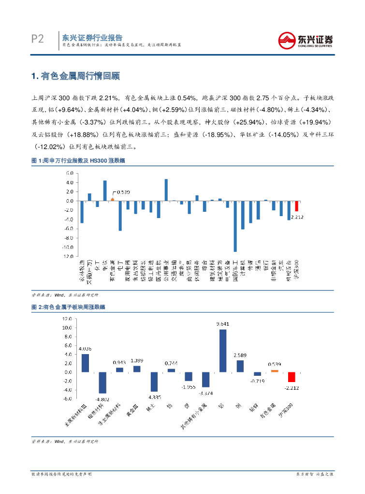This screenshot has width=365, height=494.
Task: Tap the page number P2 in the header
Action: (x=37, y=39)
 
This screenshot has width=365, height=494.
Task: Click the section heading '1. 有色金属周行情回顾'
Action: (x=75, y=76)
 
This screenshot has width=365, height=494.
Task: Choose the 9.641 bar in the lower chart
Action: (x=223, y=351)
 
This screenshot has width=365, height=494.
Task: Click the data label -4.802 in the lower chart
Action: (x=102, y=399)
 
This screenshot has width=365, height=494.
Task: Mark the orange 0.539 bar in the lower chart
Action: (x=275, y=371)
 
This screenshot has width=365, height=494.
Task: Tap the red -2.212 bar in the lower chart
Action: (x=292, y=377)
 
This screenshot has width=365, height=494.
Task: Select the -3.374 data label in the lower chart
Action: (x=205, y=393)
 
